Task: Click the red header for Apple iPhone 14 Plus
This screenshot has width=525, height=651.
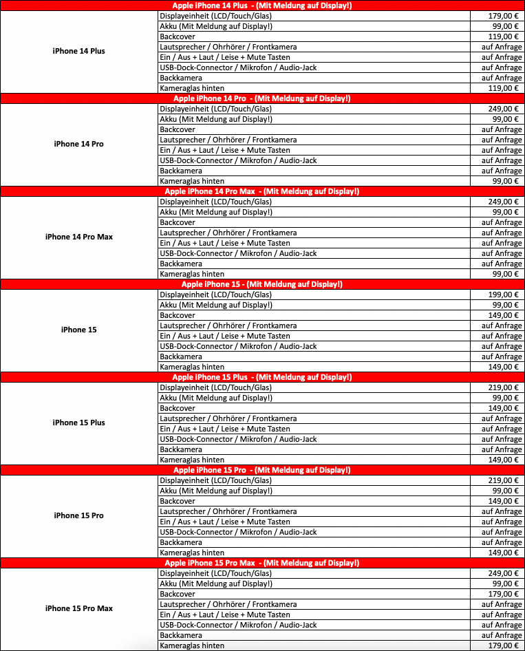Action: (x=262, y=6)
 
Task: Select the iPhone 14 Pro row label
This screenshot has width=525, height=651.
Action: (x=79, y=144)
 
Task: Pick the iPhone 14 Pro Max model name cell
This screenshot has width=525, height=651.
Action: (x=79, y=237)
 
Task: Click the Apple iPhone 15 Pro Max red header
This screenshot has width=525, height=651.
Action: (x=262, y=563)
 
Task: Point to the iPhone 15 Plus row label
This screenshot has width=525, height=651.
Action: (x=79, y=423)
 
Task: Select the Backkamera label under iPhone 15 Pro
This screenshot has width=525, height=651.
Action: (x=181, y=542)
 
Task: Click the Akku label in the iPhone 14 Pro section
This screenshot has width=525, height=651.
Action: (x=215, y=119)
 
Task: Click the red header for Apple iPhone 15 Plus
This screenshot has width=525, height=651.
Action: (x=262, y=377)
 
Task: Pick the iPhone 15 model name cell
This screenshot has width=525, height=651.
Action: (x=79, y=330)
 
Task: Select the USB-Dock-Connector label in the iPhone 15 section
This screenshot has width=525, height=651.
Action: (x=238, y=346)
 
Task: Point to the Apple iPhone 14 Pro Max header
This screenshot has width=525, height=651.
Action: (x=262, y=191)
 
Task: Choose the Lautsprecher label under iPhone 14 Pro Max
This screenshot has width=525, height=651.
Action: (x=228, y=233)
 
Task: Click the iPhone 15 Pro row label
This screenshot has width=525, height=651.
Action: (x=79, y=515)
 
